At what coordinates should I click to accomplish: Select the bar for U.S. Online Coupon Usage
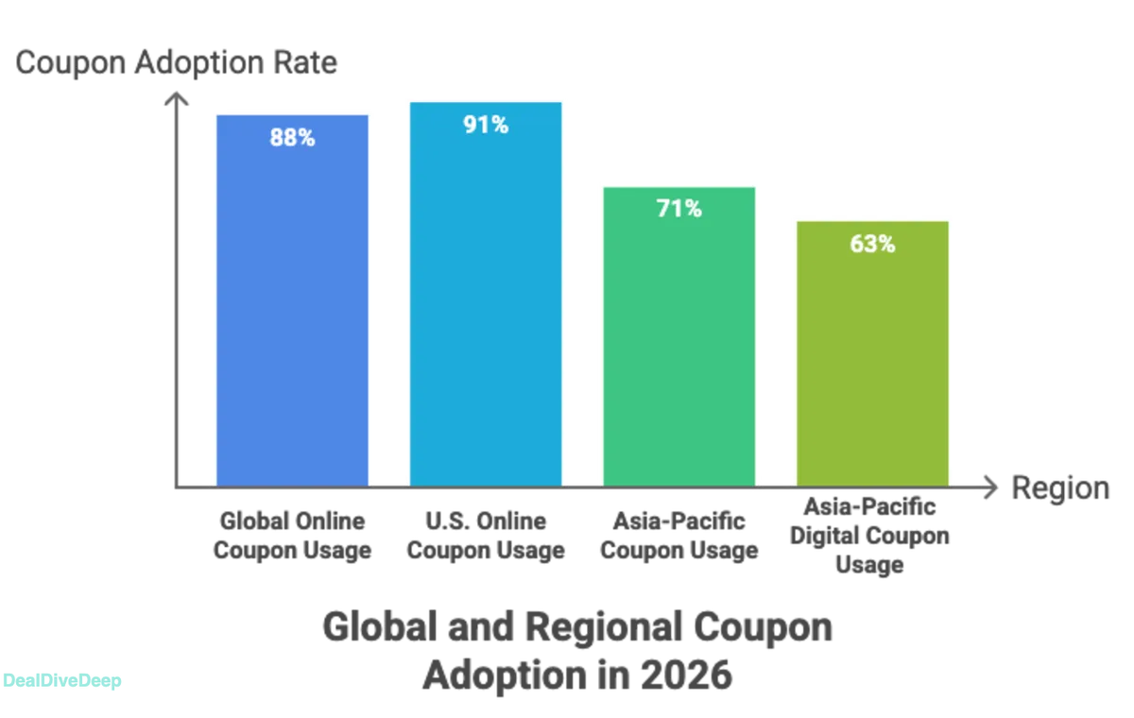pyautogui.click(x=486, y=302)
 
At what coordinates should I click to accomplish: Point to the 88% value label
pyautogui.click(x=292, y=138)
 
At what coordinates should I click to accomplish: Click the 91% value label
pyautogui.click(x=486, y=125)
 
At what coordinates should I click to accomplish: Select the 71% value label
pyautogui.click(x=679, y=210)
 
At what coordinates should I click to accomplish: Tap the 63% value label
pyautogui.click(x=872, y=244)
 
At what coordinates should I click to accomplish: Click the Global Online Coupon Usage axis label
pyautogui.click(x=294, y=535)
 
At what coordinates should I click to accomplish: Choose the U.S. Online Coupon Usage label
pyautogui.click(x=487, y=535)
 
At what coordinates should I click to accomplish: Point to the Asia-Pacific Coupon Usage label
pyautogui.click(x=679, y=535)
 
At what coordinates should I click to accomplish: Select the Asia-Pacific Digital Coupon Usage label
pyautogui.click(x=869, y=536)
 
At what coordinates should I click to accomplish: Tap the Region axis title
pyautogui.click(x=1059, y=489)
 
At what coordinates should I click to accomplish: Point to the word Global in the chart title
pyautogui.click(x=380, y=628)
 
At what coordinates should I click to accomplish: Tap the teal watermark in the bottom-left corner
pyautogui.click(x=62, y=680)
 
